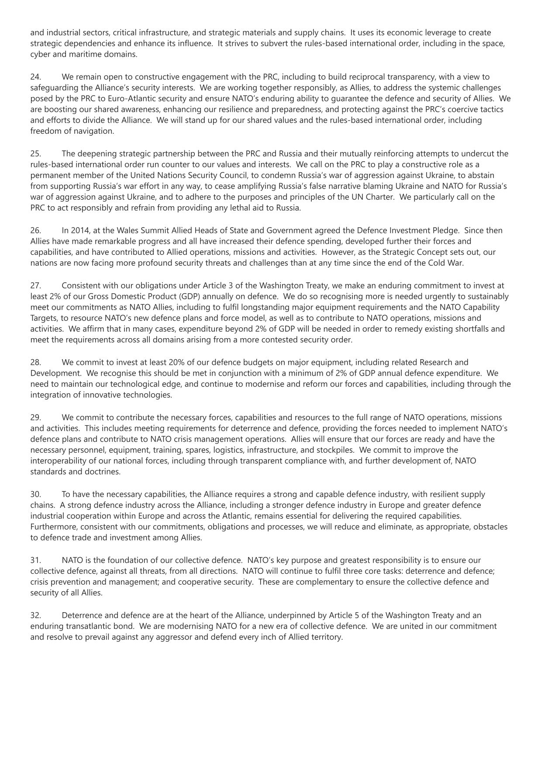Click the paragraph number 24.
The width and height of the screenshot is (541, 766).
35,77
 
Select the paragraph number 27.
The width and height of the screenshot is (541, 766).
35,286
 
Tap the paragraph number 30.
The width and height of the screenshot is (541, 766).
35,494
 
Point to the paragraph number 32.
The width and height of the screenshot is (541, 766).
35,615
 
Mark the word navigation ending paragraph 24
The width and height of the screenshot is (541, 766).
93,131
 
